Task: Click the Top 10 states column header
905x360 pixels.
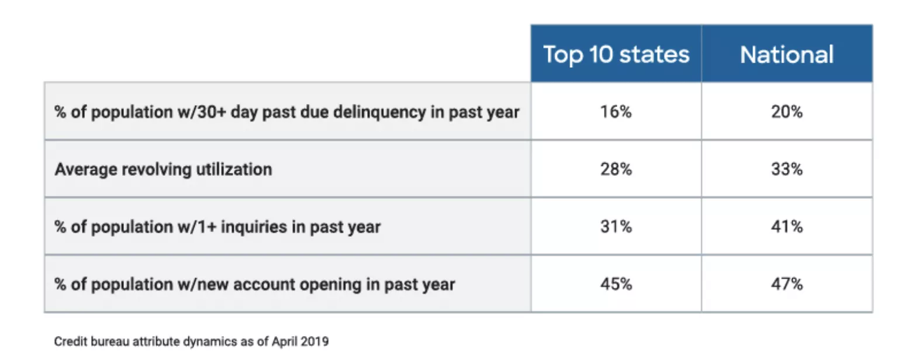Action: [x=616, y=54]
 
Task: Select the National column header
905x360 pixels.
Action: [x=786, y=54]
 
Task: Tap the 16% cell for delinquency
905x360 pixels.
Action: [x=616, y=112]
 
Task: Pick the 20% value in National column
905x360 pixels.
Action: [x=786, y=112]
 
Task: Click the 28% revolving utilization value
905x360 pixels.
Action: [x=616, y=169]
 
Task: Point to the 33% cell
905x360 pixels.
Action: [x=786, y=169]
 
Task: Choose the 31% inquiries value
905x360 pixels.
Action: [x=616, y=227]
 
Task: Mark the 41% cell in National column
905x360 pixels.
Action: [x=786, y=227]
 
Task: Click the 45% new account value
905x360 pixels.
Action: [x=616, y=284]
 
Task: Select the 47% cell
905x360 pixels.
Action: [x=786, y=284]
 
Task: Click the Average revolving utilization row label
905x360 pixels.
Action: [x=163, y=169]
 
